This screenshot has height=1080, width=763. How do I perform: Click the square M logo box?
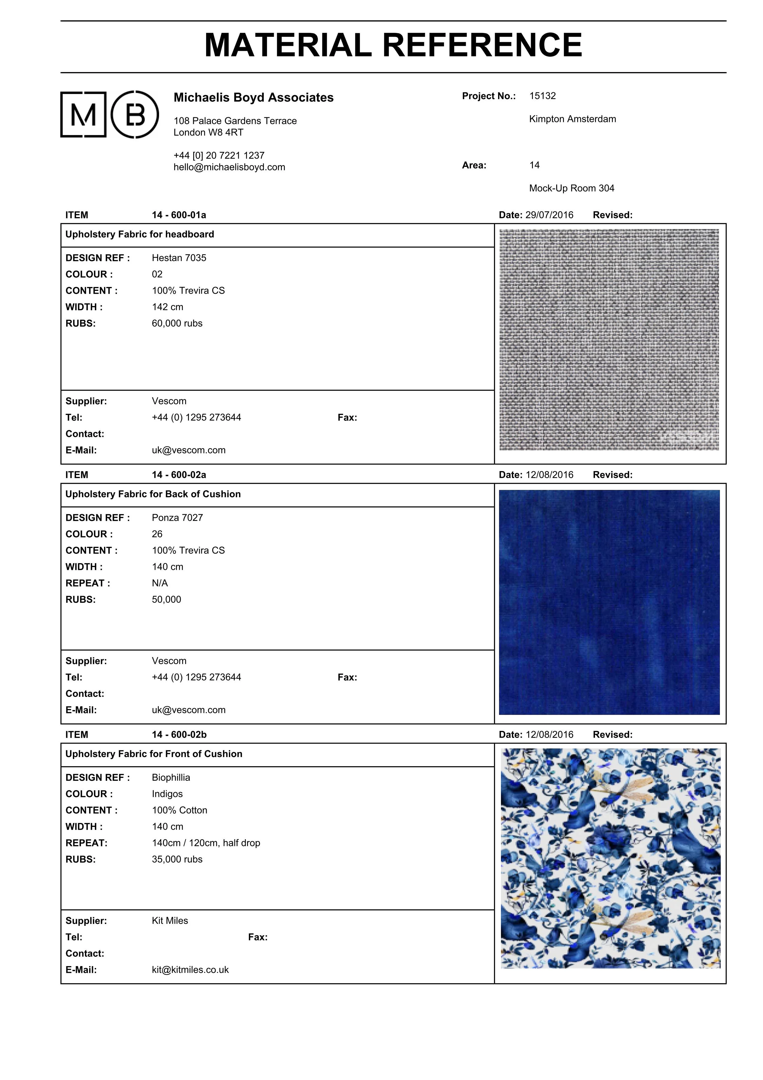(x=83, y=114)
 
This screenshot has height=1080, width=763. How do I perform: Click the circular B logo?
(x=135, y=114)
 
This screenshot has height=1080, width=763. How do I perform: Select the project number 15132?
(x=542, y=96)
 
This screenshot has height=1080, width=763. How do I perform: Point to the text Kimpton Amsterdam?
(x=572, y=119)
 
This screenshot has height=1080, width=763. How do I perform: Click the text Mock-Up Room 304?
(x=571, y=188)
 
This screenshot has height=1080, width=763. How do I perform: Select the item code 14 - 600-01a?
(x=179, y=215)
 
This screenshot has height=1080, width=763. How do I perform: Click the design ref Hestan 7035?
(x=179, y=258)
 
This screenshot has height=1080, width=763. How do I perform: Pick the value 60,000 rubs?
(x=177, y=323)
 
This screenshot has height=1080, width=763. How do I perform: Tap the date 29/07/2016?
(x=549, y=215)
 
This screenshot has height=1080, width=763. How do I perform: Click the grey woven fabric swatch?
(x=609, y=340)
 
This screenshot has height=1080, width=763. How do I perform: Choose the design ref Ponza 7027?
(x=177, y=518)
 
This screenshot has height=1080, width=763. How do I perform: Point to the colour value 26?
(x=157, y=534)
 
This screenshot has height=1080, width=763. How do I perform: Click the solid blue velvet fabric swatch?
(x=609, y=602)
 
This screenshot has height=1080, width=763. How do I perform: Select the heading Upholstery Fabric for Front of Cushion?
(x=154, y=754)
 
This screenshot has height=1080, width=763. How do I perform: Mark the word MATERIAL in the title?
(x=288, y=46)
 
